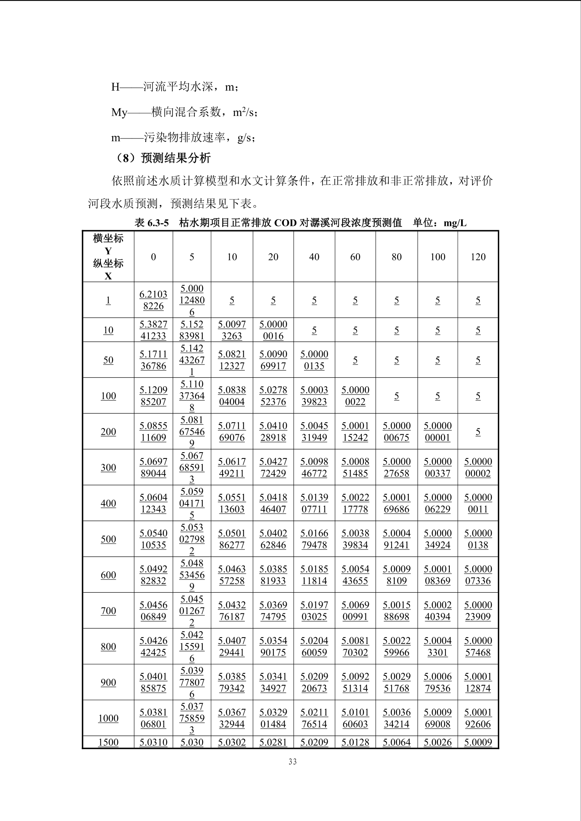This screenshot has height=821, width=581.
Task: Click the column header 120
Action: coord(478,257)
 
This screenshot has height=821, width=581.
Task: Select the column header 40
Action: coord(314,257)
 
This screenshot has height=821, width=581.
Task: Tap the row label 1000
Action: coord(108,718)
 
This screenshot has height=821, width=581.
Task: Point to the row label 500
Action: coord(108,539)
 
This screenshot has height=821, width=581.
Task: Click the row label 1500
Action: coord(108,742)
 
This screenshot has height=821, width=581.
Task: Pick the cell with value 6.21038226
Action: coord(153,300)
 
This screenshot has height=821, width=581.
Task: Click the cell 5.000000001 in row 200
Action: coord(437,432)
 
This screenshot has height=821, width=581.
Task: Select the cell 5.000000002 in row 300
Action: coord(478,467)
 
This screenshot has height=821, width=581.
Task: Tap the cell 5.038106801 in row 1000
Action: coord(153,718)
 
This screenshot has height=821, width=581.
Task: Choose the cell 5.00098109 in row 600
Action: coord(396,575)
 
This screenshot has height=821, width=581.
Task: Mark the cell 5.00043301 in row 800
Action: coord(437,647)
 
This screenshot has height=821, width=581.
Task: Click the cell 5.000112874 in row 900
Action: coord(478,682)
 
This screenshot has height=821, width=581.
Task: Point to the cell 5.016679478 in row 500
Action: coord(314,539)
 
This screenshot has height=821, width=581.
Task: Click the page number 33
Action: coord(292,762)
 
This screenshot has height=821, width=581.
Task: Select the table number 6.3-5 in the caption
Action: coord(158,223)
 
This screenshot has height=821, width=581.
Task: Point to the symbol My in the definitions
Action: coord(119,113)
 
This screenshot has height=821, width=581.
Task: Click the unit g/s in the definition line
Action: coord(245,138)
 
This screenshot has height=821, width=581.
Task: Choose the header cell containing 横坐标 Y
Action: coord(108,257)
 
